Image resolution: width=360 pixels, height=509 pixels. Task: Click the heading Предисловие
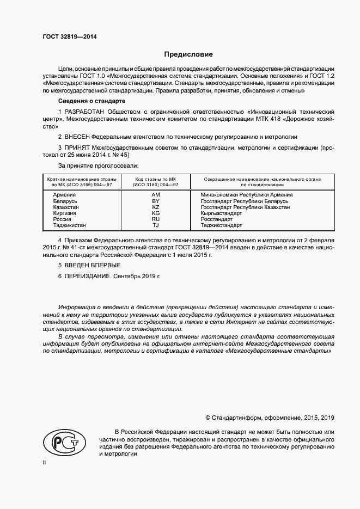(189, 54)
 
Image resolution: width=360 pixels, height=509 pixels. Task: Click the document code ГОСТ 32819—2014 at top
(70, 37)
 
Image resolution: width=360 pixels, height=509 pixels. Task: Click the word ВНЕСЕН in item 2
(77, 136)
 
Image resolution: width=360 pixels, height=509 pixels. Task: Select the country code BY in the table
(155, 201)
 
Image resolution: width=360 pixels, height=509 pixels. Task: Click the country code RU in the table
(155, 219)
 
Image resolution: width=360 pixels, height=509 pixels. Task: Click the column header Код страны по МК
(155, 179)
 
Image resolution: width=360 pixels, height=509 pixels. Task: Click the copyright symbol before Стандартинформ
(208, 418)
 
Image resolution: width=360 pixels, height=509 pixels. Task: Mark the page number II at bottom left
(45, 462)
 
